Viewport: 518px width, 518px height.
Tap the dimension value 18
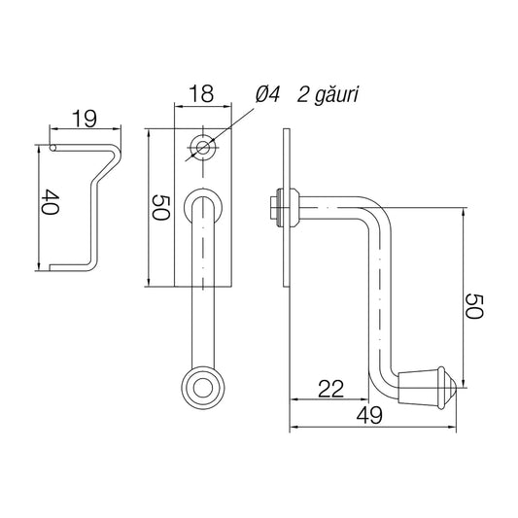point(201,94)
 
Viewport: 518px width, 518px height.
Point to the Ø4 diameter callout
point(268,94)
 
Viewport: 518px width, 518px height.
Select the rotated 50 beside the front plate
point(161,206)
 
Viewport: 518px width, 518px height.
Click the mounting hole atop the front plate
point(202,147)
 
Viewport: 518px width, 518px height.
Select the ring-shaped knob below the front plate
point(202,388)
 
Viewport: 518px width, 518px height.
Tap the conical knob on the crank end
point(427,385)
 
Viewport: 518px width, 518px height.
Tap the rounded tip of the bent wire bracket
point(54,148)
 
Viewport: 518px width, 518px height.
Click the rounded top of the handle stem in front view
point(202,194)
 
